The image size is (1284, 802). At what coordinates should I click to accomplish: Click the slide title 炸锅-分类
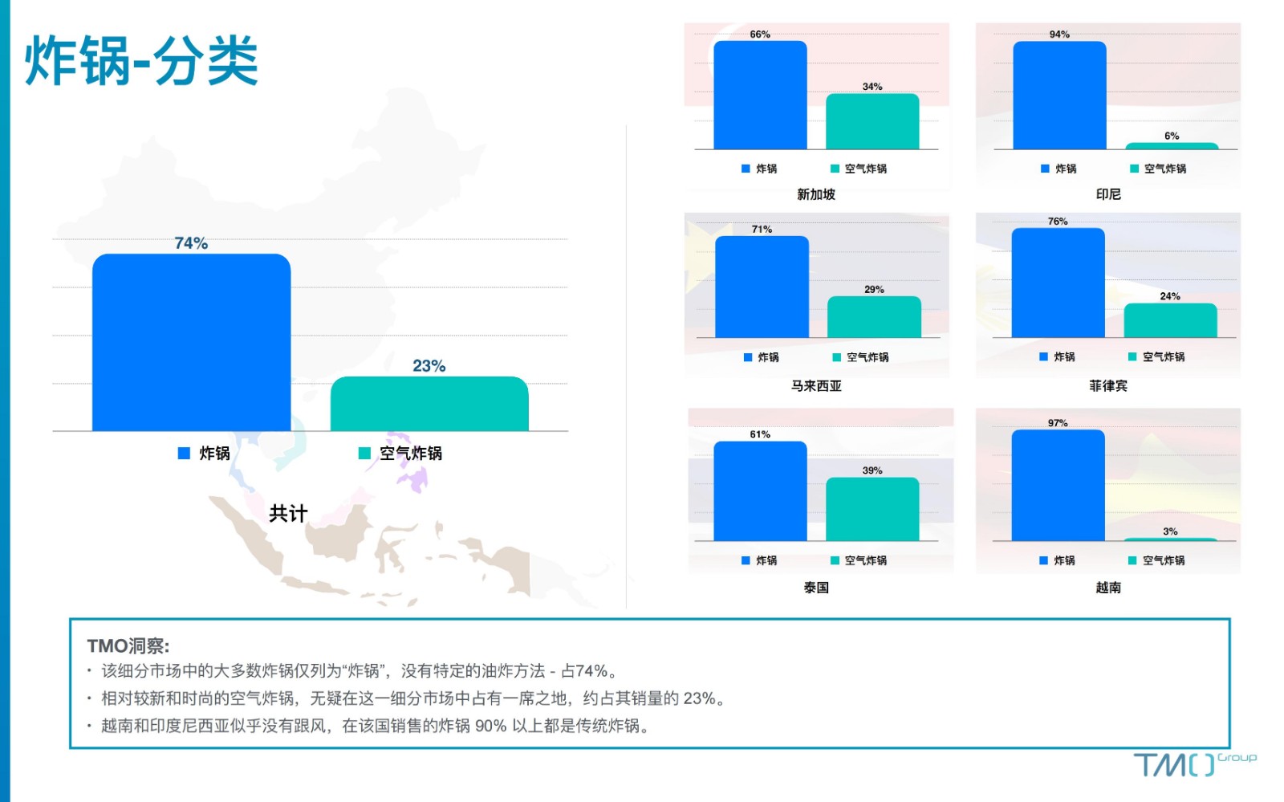click(141, 60)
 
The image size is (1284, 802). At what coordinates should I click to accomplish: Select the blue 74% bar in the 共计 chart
click(192, 342)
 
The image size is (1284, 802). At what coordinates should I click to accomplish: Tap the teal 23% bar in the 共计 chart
click(429, 404)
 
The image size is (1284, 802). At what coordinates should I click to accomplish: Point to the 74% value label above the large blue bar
click(192, 243)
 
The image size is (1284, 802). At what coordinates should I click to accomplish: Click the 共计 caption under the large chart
click(288, 513)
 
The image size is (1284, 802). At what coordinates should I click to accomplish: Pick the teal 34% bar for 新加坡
click(872, 121)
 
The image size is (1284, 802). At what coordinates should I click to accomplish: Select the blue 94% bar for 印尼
click(1060, 96)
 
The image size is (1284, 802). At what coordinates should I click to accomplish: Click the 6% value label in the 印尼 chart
click(1172, 136)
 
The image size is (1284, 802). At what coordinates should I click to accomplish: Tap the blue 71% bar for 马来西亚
click(762, 287)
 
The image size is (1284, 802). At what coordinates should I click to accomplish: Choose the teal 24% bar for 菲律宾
click(1171, 320)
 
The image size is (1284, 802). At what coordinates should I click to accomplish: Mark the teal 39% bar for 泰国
click(872, 509)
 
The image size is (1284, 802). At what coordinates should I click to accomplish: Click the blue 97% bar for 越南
click(1058, 485)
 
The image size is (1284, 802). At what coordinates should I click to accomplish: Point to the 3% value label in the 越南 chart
click(1171, 531)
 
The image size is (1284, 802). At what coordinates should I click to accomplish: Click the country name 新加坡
click(816, 194)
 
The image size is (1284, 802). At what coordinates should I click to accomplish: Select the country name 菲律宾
click(1108, 386)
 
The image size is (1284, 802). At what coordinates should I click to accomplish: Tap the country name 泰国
click(816, 588)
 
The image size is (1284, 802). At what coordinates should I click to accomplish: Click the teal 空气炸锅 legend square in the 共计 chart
click(364, 454)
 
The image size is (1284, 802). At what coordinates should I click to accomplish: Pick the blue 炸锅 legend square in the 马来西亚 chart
click(747, 357)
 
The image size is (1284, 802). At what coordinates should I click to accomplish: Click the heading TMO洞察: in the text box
click(128, 646)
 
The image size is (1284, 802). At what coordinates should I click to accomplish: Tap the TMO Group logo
click(1195, 765)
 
